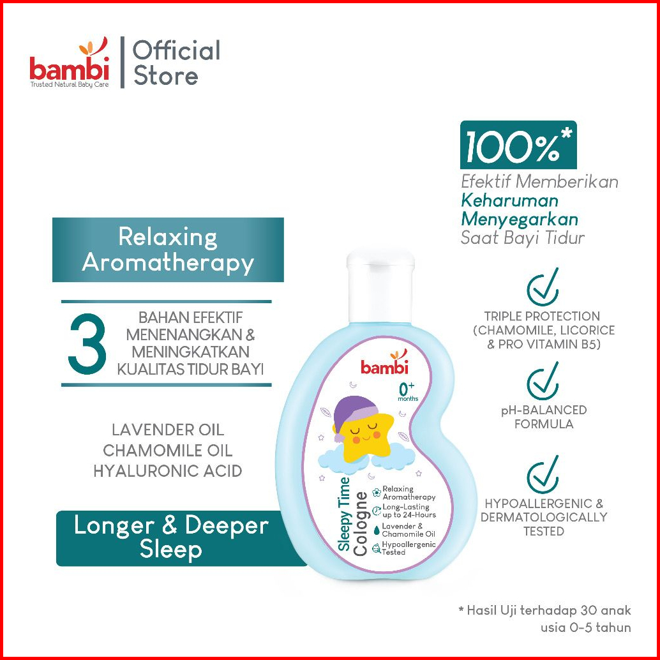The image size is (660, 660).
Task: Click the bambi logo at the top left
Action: click(x=70, y=64)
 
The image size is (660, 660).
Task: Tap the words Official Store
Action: click(x=176, y=63)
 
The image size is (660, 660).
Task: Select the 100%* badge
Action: click(x=518, y=146)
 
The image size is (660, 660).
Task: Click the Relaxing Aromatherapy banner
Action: click(x=168, y=250)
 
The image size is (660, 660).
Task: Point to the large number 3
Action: click(x=87, y=343)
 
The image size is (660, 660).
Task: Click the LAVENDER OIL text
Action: click(x=168, y=430)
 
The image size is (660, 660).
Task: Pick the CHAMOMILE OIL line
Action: click(x=168, y=450)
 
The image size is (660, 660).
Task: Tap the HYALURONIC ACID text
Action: click(x=168, y=471)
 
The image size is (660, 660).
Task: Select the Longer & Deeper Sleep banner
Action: click(x=171, y=537)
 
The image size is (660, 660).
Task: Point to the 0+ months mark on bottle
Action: click(x=407, y=390)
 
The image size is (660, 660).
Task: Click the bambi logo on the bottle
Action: click(x=384, y=364)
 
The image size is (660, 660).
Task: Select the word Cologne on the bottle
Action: click(x=361, y=523)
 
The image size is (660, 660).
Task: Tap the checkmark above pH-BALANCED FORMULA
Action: click(x=543, y=381)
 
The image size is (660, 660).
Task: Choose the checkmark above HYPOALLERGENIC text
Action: click(x=543, y=474)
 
